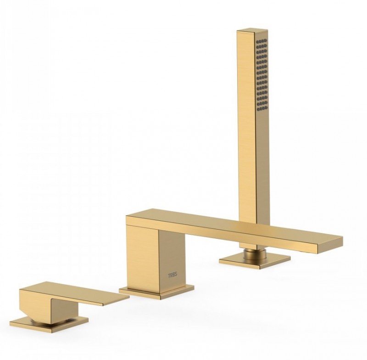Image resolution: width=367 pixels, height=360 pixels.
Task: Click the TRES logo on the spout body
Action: point(173,275)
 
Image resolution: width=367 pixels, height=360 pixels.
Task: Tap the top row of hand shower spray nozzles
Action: point(262,42)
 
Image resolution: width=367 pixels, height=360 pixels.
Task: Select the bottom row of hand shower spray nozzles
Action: point(262,108)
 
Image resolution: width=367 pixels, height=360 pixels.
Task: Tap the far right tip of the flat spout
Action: point(342,239)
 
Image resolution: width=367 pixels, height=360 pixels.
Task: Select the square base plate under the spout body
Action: point(156,292)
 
